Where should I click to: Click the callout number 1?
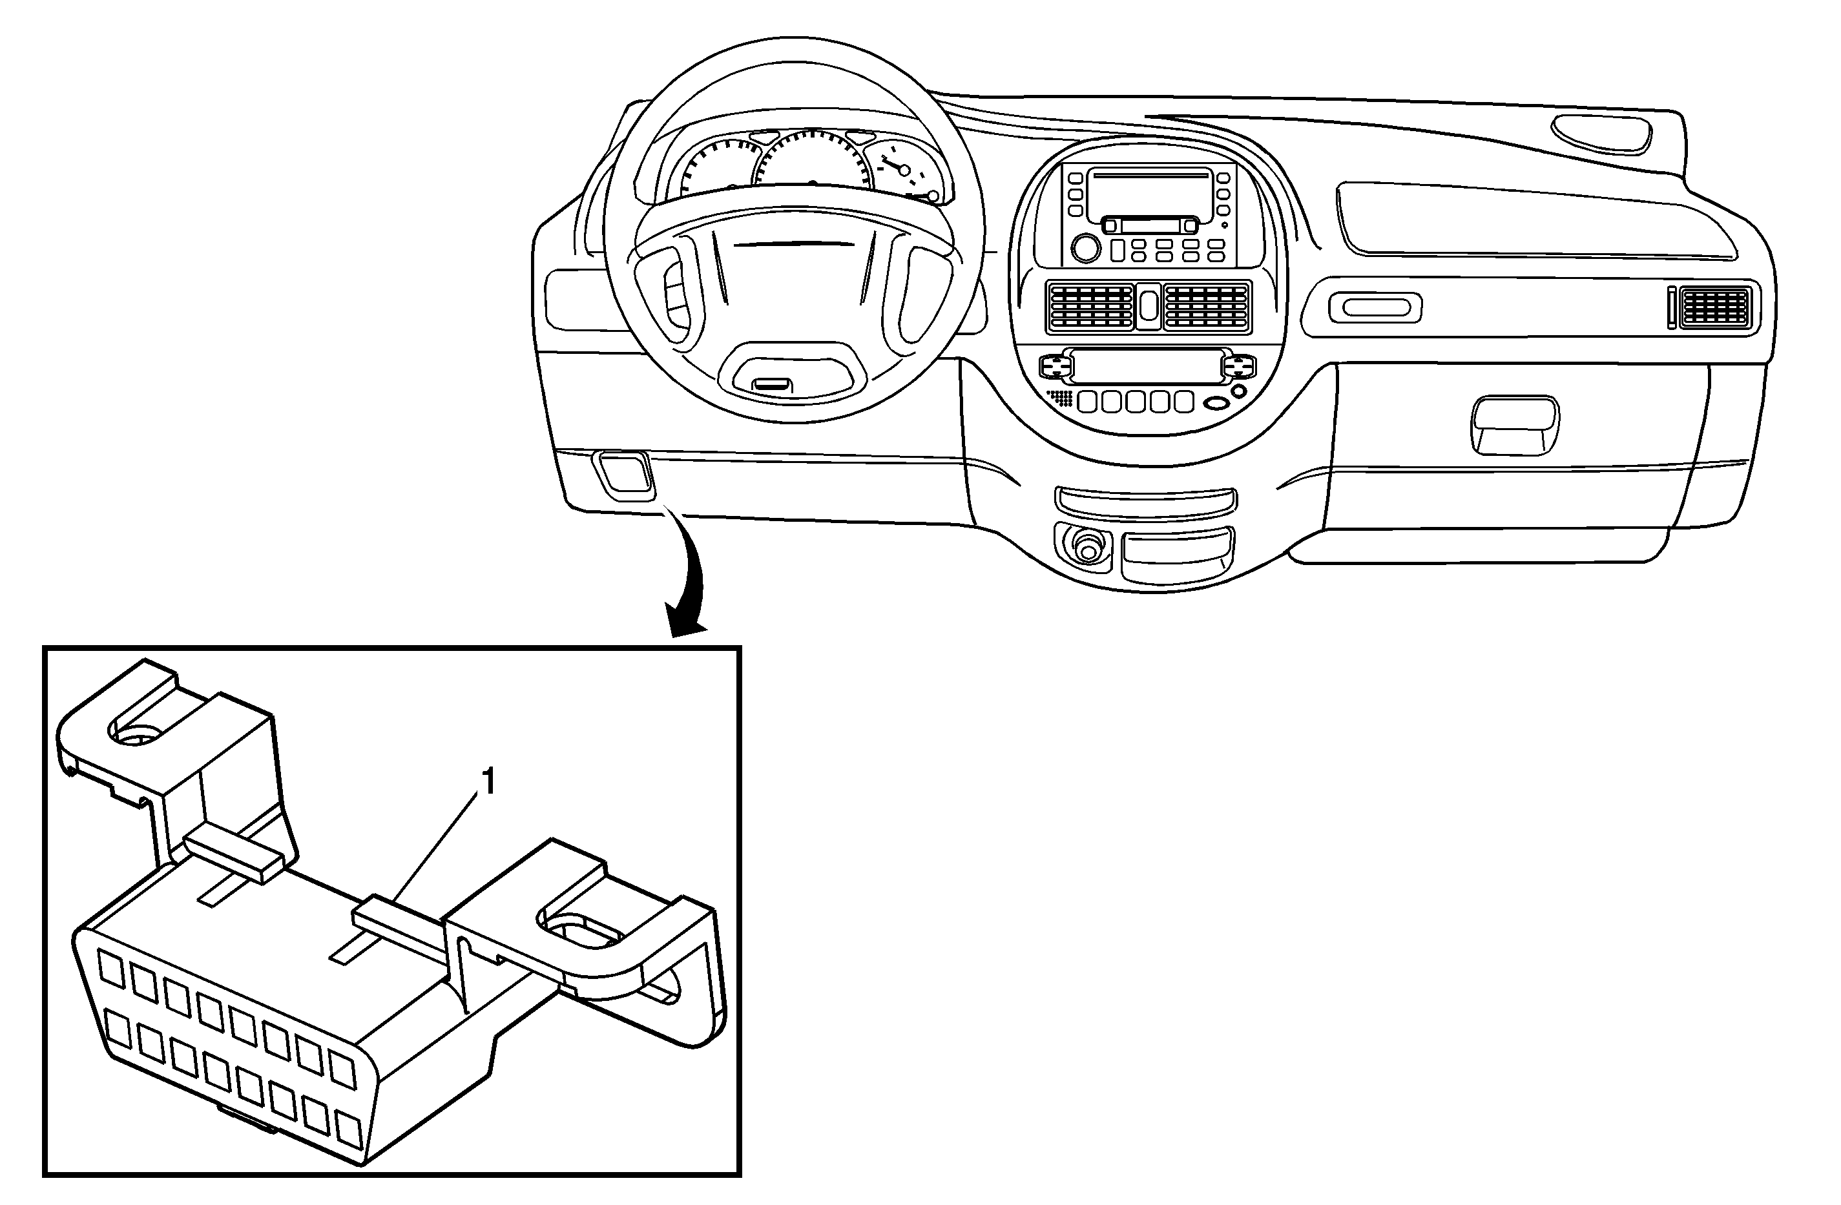coord(488,783)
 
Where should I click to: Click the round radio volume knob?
coord(1085,248)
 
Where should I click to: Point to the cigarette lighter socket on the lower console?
coord(1088,548)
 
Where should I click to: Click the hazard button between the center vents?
coord(1148,304)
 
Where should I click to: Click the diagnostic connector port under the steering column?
coord(623,472)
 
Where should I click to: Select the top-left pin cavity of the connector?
coord(111,969)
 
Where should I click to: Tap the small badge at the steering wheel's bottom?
coord(771,383)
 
